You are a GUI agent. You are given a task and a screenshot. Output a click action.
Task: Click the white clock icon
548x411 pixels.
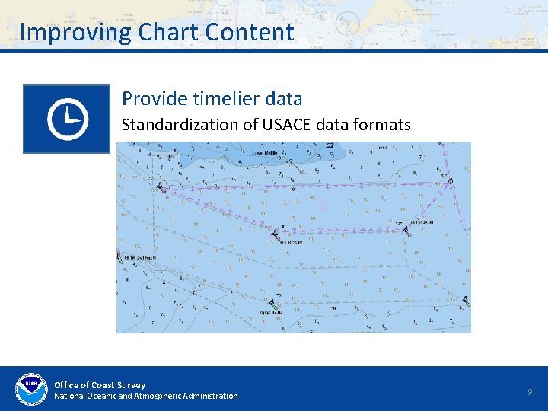pyautogui.click(x=67, y=119)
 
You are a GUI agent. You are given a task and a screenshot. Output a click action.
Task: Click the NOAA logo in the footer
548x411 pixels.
pyautogui.click(x=31, y=390)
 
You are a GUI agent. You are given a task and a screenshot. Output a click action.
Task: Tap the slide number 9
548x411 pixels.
pyautogui.click(x=530, y=392)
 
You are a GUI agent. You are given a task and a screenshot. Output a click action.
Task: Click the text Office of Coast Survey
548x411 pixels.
pyautogui.click(x=100, y=385)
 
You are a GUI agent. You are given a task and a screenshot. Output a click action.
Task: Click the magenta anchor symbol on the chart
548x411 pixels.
pyautogui.click(x=321, y=203)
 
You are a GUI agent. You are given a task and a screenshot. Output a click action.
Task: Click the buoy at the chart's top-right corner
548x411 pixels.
pyautogui.click(x=451, y=180)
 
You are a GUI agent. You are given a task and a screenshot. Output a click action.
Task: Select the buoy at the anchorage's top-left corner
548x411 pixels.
pyautogui.click(x=158, y=185)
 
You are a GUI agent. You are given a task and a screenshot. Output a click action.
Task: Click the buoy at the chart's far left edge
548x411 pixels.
pyautogui.click(x=125, y=258)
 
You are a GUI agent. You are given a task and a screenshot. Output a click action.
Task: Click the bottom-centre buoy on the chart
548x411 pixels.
pyautogui.click(x=272, y=303)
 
